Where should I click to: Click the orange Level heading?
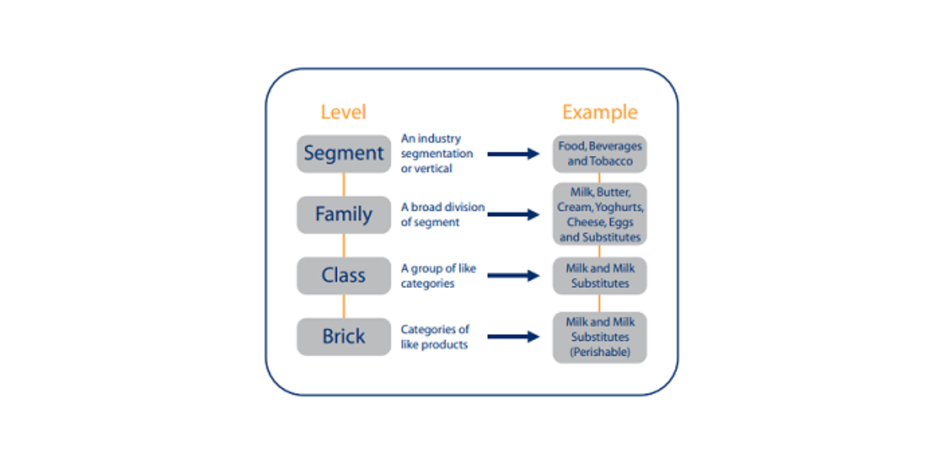(x=343, y=112)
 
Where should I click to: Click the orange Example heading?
(x=599, y=112)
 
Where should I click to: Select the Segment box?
(x=343, y=154)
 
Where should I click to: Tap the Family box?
(x=343, y=214)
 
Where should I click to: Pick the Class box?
(x=343, y=275)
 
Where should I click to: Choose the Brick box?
(x=343, y=337)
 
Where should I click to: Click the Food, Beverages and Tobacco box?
(x=600, y=154)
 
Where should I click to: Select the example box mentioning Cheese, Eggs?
(x=600, y=214)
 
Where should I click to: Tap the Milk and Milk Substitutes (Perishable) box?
(x=600, y=337)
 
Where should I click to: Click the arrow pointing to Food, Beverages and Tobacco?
(x=513, y=154)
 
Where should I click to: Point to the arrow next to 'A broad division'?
(x=513, y=214)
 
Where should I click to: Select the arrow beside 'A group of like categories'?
(x=513, y=275)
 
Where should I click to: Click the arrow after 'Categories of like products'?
(x=513, y=337)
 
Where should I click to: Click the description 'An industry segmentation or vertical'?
(x=437, y=154)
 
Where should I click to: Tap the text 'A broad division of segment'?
(x=442, y=214)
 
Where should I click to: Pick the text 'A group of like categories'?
(x=438, y=275)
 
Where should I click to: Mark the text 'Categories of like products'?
(x=435, y=337)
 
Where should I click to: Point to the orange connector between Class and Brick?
(x=343, y=306)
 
